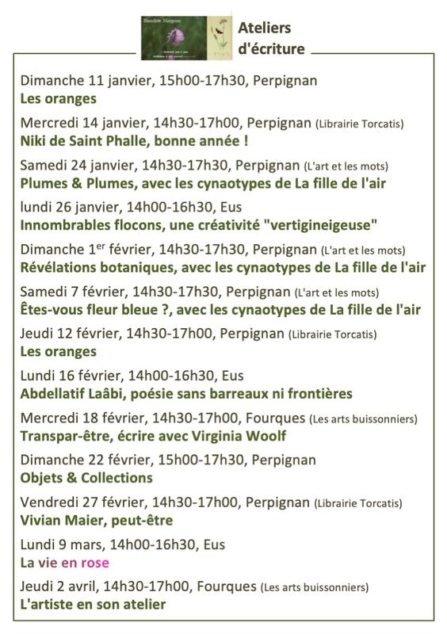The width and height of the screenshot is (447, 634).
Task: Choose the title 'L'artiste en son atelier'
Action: [94, 605]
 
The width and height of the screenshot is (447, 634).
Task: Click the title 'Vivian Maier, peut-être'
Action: [97, 520]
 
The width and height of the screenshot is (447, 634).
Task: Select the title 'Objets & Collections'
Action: [86, 478]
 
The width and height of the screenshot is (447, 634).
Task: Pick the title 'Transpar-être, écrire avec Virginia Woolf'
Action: [153, 436]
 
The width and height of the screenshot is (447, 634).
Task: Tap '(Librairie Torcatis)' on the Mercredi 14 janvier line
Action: [360, 124]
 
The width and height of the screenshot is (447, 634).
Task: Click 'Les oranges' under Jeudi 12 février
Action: [59, 351]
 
